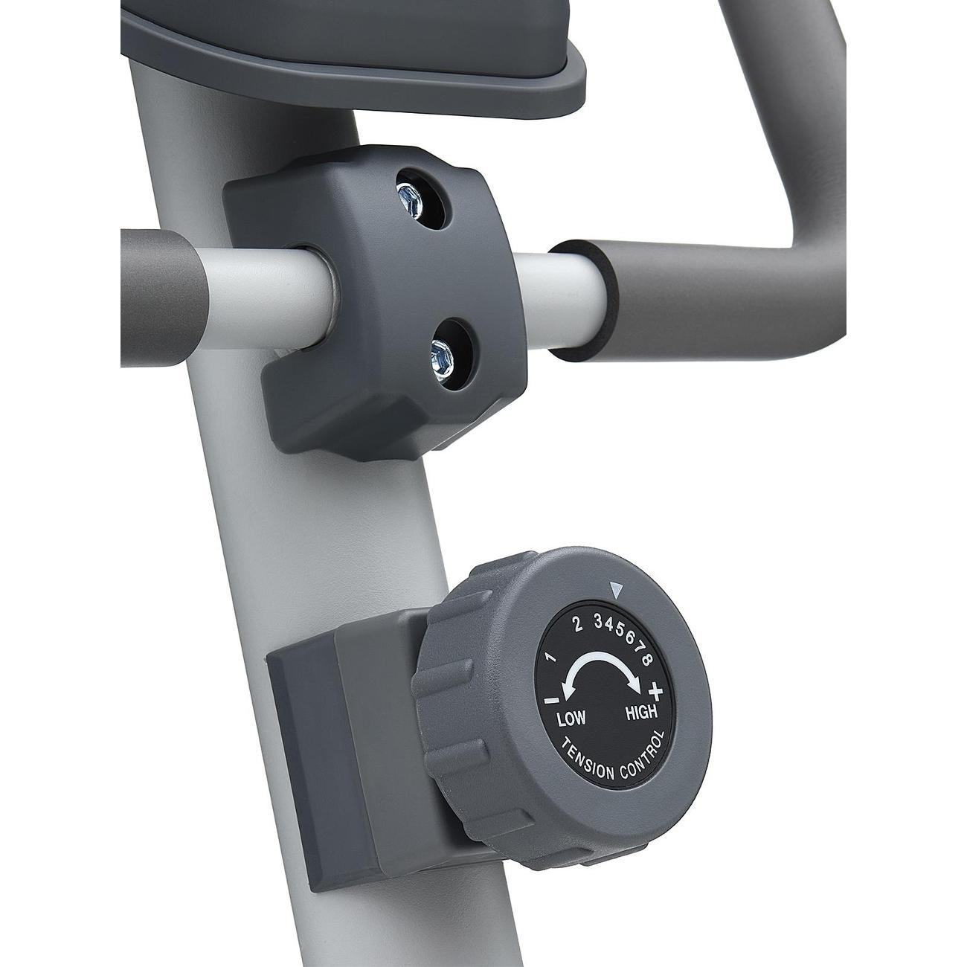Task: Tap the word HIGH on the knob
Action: pyautogui.click(x=640, y=712)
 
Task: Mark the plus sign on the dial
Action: pyautogui.click(x=656, y=692)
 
